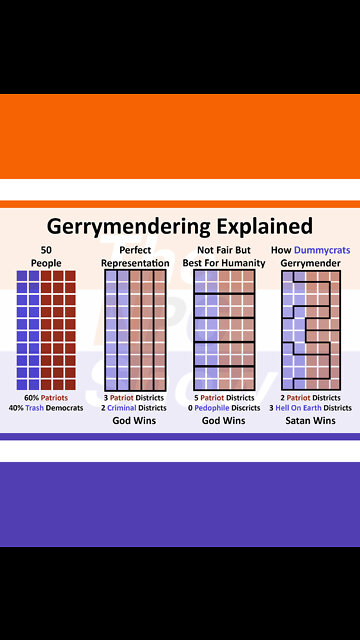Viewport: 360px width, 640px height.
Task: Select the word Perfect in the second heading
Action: click(x=135, y=249)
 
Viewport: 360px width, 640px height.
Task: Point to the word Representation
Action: click(x=135, y=262)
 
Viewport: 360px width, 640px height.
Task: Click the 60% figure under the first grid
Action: click(x=31, y=397)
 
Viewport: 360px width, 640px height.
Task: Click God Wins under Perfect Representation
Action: click(x=135, y=421)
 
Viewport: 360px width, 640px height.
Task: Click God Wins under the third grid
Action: click(x=225, y=421)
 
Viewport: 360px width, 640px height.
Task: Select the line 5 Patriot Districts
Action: click(x=225, y=397)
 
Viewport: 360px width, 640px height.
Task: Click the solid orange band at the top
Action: click(x=180, y=135)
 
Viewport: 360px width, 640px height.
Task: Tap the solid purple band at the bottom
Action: click(x=180, y=504)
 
